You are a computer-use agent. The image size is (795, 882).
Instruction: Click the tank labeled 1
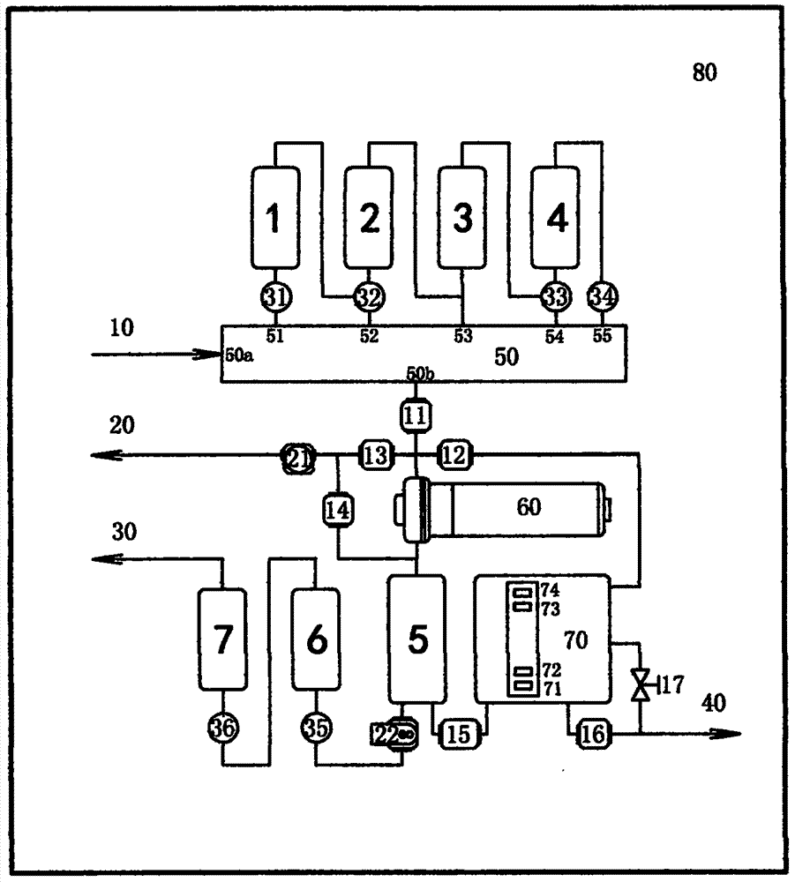coord(274,217)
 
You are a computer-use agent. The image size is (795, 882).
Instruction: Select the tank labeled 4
coord(556,217)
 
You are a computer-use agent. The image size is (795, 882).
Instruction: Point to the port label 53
coord(463,336)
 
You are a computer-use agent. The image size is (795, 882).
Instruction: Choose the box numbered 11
coord(415,415)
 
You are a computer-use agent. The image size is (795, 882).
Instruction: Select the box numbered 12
coord(454,455)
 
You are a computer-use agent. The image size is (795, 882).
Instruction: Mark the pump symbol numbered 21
coord(296,456)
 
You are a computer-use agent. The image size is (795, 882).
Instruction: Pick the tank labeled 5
coord(417,639)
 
